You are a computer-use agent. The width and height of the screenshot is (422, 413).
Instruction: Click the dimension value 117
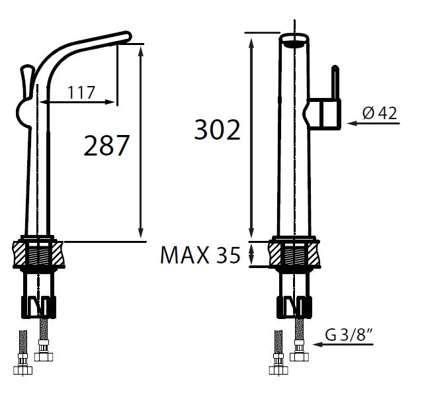click(81, 93)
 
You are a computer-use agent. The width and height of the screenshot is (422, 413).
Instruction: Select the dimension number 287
click(106, 146)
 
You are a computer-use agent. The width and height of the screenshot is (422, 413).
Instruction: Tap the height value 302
click(217, 130)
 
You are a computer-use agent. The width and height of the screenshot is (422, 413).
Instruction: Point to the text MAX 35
click(200, 255)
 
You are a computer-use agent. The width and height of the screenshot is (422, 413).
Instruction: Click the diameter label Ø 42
click(380, 113)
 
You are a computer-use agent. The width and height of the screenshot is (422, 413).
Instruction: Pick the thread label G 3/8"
click(349, 335)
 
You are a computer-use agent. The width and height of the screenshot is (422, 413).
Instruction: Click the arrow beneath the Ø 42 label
click(373, 123)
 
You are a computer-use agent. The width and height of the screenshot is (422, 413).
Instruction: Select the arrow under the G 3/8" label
click(343, 344)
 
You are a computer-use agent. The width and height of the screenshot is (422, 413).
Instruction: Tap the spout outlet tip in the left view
click(127, 36)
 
